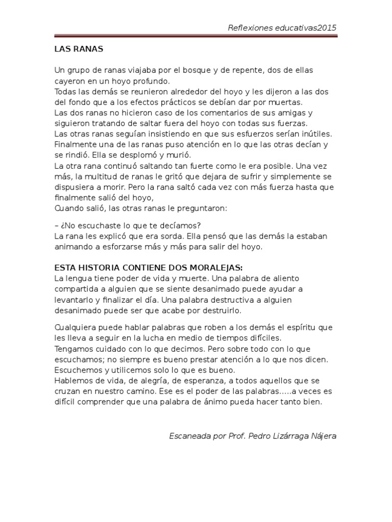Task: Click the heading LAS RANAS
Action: [x=79, y=49]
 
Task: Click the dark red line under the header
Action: [x=195, y=37]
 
